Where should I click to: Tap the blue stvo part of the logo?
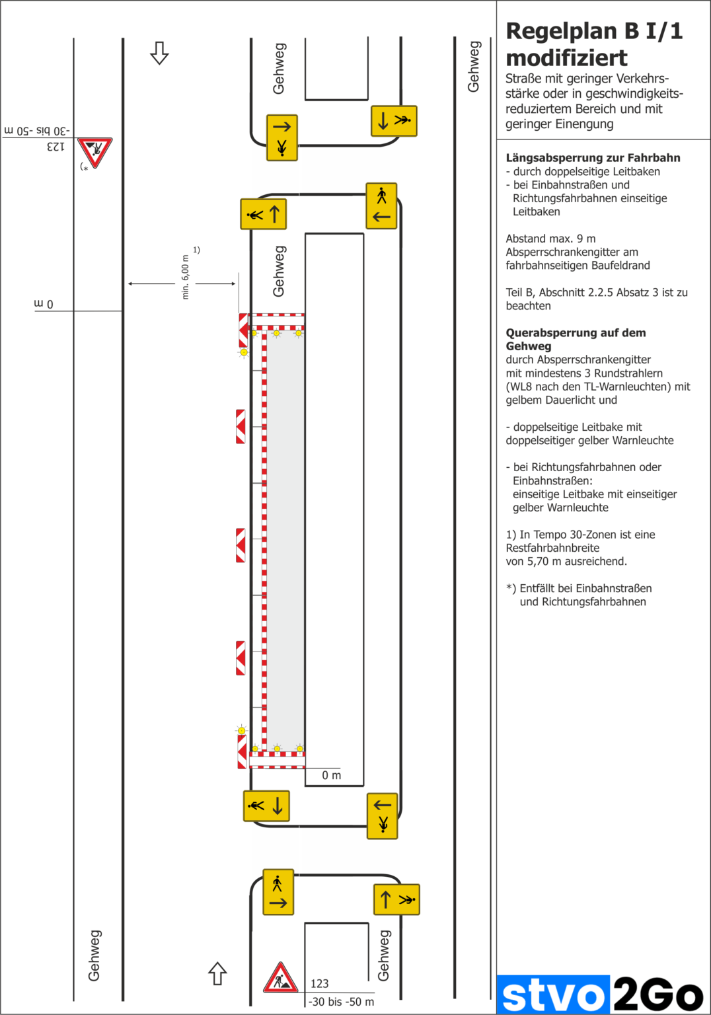tap(552, 995)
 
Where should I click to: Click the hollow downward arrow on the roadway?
tap(159, 53)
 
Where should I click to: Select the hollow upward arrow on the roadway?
tap(217, 973)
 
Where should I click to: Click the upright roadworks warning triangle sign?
tap(280, 979)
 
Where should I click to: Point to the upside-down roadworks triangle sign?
tap(95, 152)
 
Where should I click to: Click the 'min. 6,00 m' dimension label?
tap(185, 278)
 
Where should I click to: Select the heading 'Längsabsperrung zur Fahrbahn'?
tap(593, 158)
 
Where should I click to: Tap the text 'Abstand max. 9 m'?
tap(550, 239)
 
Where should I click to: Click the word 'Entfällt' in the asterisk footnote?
tap(540, 588)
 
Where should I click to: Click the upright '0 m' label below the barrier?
tap(331, 775)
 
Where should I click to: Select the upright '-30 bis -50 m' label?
tap(342, 1002)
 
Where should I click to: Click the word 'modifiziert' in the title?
tap(566, 58)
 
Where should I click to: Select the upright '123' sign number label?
tap(319, 983)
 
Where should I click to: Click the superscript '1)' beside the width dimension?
tap(196, 250)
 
